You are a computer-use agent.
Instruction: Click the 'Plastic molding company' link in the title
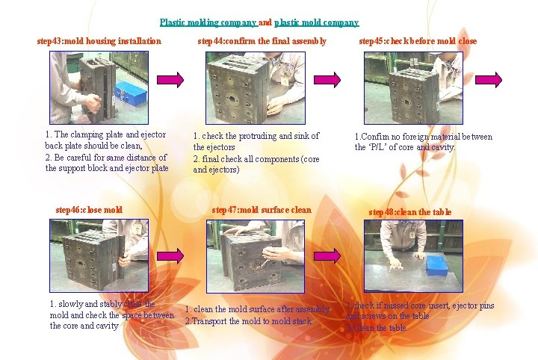coord(208,22)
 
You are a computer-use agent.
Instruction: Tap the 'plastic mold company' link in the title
coord(316,22)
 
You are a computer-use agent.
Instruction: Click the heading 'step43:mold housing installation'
coord(99,40)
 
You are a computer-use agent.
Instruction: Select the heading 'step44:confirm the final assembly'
coord(262,40)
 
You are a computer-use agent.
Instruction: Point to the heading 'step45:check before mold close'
coord(417,40)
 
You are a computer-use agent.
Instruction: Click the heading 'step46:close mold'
coord(89,210)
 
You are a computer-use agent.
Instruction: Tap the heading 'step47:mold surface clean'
coord(261,210)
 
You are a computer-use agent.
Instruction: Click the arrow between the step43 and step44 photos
coord(170,78)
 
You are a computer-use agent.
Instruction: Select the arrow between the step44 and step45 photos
coord(324,78)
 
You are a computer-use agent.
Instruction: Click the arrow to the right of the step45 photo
coord(488,78)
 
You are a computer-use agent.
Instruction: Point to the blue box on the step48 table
coord(436,265)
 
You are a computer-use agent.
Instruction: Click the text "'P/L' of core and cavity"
coord(405,147)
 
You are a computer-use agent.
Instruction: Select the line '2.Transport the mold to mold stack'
coord(248,321)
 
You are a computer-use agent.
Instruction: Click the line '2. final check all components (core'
coord(256,158)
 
